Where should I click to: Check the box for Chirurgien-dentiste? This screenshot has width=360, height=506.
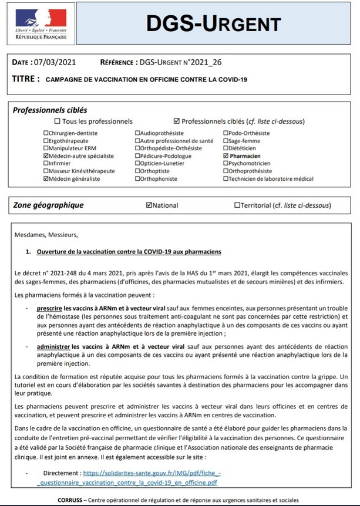[46, 133]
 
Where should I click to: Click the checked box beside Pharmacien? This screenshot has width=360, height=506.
[226, 156]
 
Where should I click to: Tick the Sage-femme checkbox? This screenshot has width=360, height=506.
[226, 141]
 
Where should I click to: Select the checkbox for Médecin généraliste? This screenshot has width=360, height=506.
[46, 178]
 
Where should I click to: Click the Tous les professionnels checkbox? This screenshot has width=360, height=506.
[57, 122]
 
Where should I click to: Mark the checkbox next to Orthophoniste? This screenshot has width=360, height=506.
[138, 178]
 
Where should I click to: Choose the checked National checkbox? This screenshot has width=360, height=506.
[149, 205]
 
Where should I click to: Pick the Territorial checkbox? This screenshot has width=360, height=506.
[237, 205]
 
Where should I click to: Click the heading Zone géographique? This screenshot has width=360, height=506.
[48, 205]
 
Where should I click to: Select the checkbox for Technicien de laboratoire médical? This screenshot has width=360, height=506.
[226, 178]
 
